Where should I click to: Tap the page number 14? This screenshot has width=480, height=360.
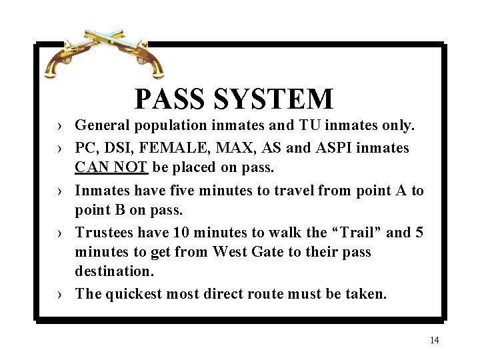click(x=435, y=341)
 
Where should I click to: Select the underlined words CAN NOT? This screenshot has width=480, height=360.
click(x=111, y=166)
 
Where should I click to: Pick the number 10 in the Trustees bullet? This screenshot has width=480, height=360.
click(x=181, y=233)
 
